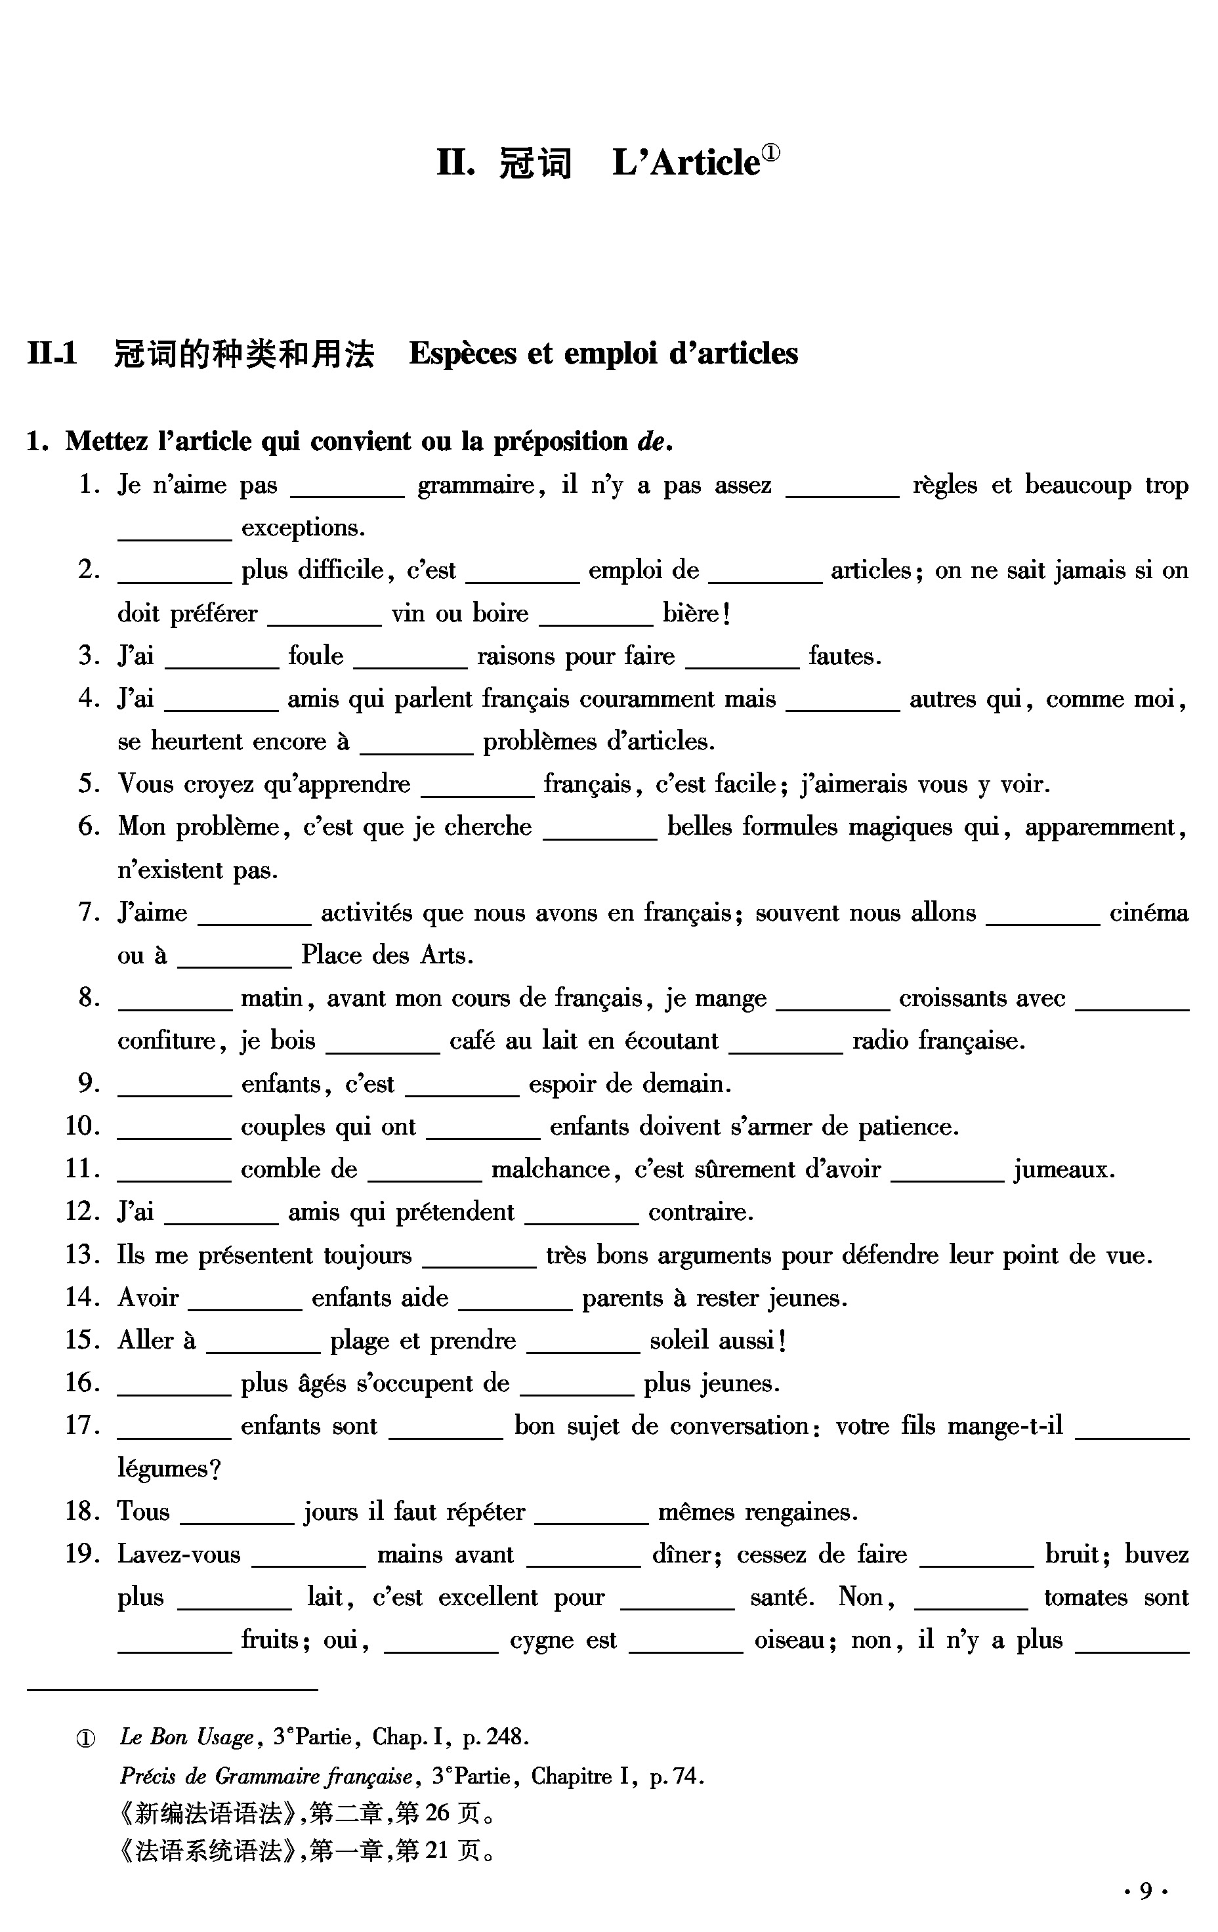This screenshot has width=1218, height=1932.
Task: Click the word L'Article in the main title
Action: pyautogui.click(x=685, y=163)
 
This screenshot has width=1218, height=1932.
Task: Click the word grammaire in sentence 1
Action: pyautogui.click(x=476, y=486)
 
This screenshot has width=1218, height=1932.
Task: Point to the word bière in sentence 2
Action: pyautogui.click(x=692, y=614)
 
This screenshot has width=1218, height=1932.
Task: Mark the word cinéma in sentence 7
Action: pyautogui.click(x=1148, y=912)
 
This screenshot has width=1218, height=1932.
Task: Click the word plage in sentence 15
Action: pyautogui.click(x=360, y=1341)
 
